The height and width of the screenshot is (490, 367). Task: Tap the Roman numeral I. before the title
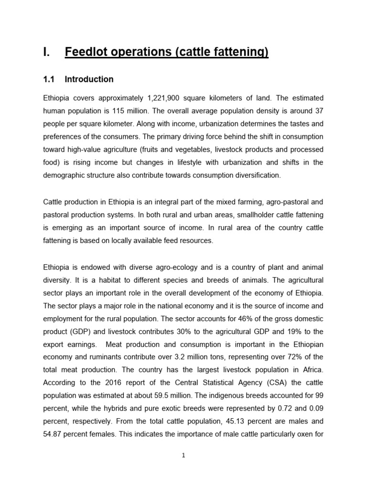[46, 52]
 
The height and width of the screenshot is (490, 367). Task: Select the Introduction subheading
[89, 79]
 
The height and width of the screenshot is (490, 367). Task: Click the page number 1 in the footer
[183, 456]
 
